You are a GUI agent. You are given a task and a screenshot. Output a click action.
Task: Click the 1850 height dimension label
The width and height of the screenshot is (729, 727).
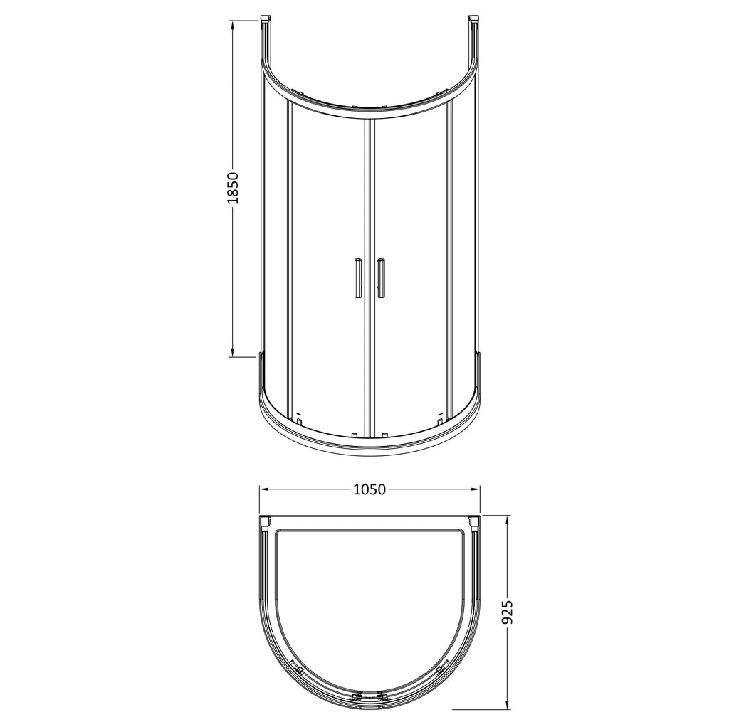(x=233, y=188)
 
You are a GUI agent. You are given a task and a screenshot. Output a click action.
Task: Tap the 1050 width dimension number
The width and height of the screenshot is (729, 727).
(x=369, y=489)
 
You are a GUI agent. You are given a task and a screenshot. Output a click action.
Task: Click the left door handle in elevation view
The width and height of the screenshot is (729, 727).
(x=357, y=277)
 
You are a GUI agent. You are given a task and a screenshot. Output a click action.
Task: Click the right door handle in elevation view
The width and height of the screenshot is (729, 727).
(x=382, y=277)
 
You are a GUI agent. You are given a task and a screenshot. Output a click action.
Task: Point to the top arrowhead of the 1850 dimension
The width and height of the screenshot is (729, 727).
(x=233, y=22)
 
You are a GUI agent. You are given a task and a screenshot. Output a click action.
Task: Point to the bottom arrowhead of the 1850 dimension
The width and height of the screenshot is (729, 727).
(x=233, y=356)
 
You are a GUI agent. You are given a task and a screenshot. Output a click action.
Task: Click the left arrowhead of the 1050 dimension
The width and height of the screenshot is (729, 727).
(x=261, y=489)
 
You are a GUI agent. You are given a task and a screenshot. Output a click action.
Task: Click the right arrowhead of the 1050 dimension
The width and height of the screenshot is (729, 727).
(x=478, y=489)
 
